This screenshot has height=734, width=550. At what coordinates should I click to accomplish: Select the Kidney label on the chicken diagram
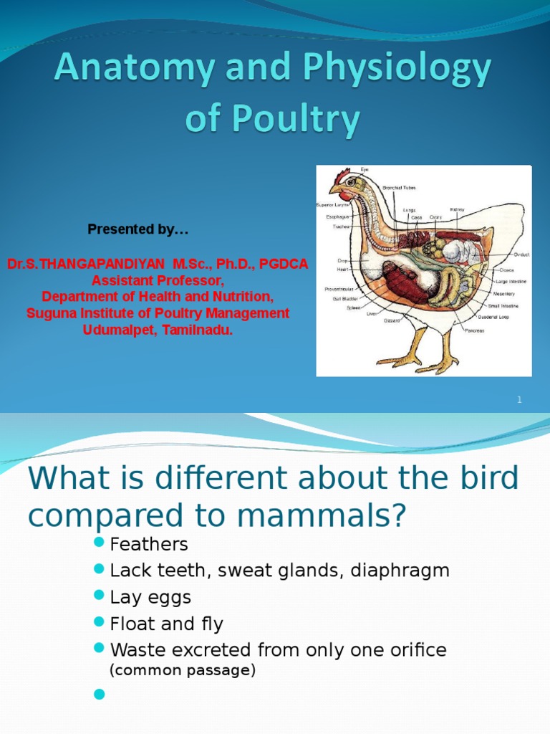(x=457, y=209)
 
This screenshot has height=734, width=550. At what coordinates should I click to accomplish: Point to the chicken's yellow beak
(x=334, y=191)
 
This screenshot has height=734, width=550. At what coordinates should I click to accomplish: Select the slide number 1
(x=520, y=400)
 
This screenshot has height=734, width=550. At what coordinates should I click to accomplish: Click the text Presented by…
(x=138, y=229)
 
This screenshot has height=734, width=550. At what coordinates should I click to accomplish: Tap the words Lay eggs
(x=150, y=597)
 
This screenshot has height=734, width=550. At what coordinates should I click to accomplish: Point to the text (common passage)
(x=182, y=670)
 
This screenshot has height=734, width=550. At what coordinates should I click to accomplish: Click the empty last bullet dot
(x=100, y=694)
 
